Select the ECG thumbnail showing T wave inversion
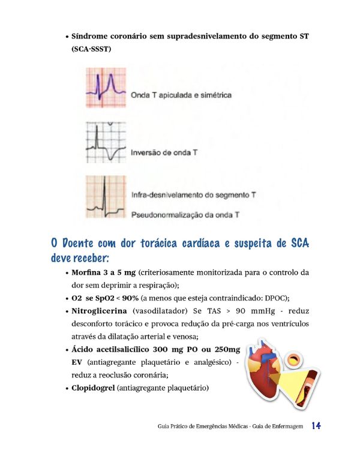[x=106, y=142]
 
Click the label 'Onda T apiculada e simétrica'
[x=181, y=95]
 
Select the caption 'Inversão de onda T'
[x=164, y=153]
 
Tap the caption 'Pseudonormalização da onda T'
[x=185, y=214]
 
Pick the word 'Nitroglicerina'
[x=98, y=311]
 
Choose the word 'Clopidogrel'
[x=93, y=388]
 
